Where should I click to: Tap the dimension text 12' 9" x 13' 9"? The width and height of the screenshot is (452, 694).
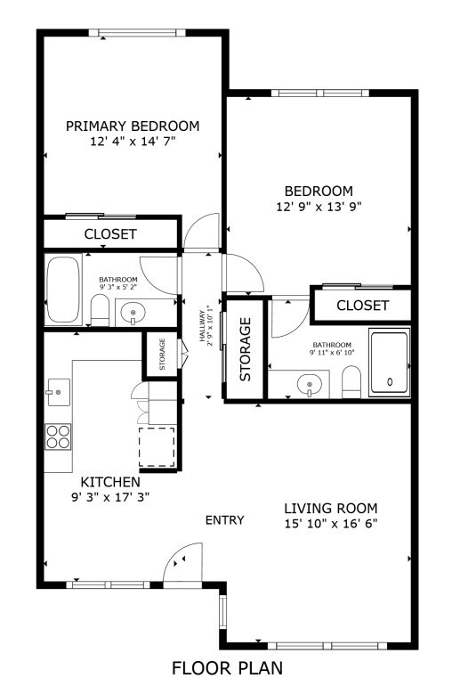[x=319, y=206]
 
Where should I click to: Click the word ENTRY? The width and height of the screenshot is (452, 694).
[x=224, y=520]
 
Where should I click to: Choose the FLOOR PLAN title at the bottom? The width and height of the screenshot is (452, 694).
[x=227, y=667]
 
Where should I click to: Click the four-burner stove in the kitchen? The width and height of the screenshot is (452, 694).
[x=58, y=436]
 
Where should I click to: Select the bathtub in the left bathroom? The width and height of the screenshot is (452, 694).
[x=63, y=290]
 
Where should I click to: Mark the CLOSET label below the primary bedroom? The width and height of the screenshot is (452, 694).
[x=110, y=234]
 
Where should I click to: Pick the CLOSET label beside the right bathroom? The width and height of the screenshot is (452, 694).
[x=362, y=306]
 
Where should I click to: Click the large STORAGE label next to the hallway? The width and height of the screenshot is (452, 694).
[x=245, y=348]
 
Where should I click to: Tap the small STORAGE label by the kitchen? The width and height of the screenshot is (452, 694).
[x=162, y=354]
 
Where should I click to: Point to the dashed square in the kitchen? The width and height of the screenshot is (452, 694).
[x=157, y=445]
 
